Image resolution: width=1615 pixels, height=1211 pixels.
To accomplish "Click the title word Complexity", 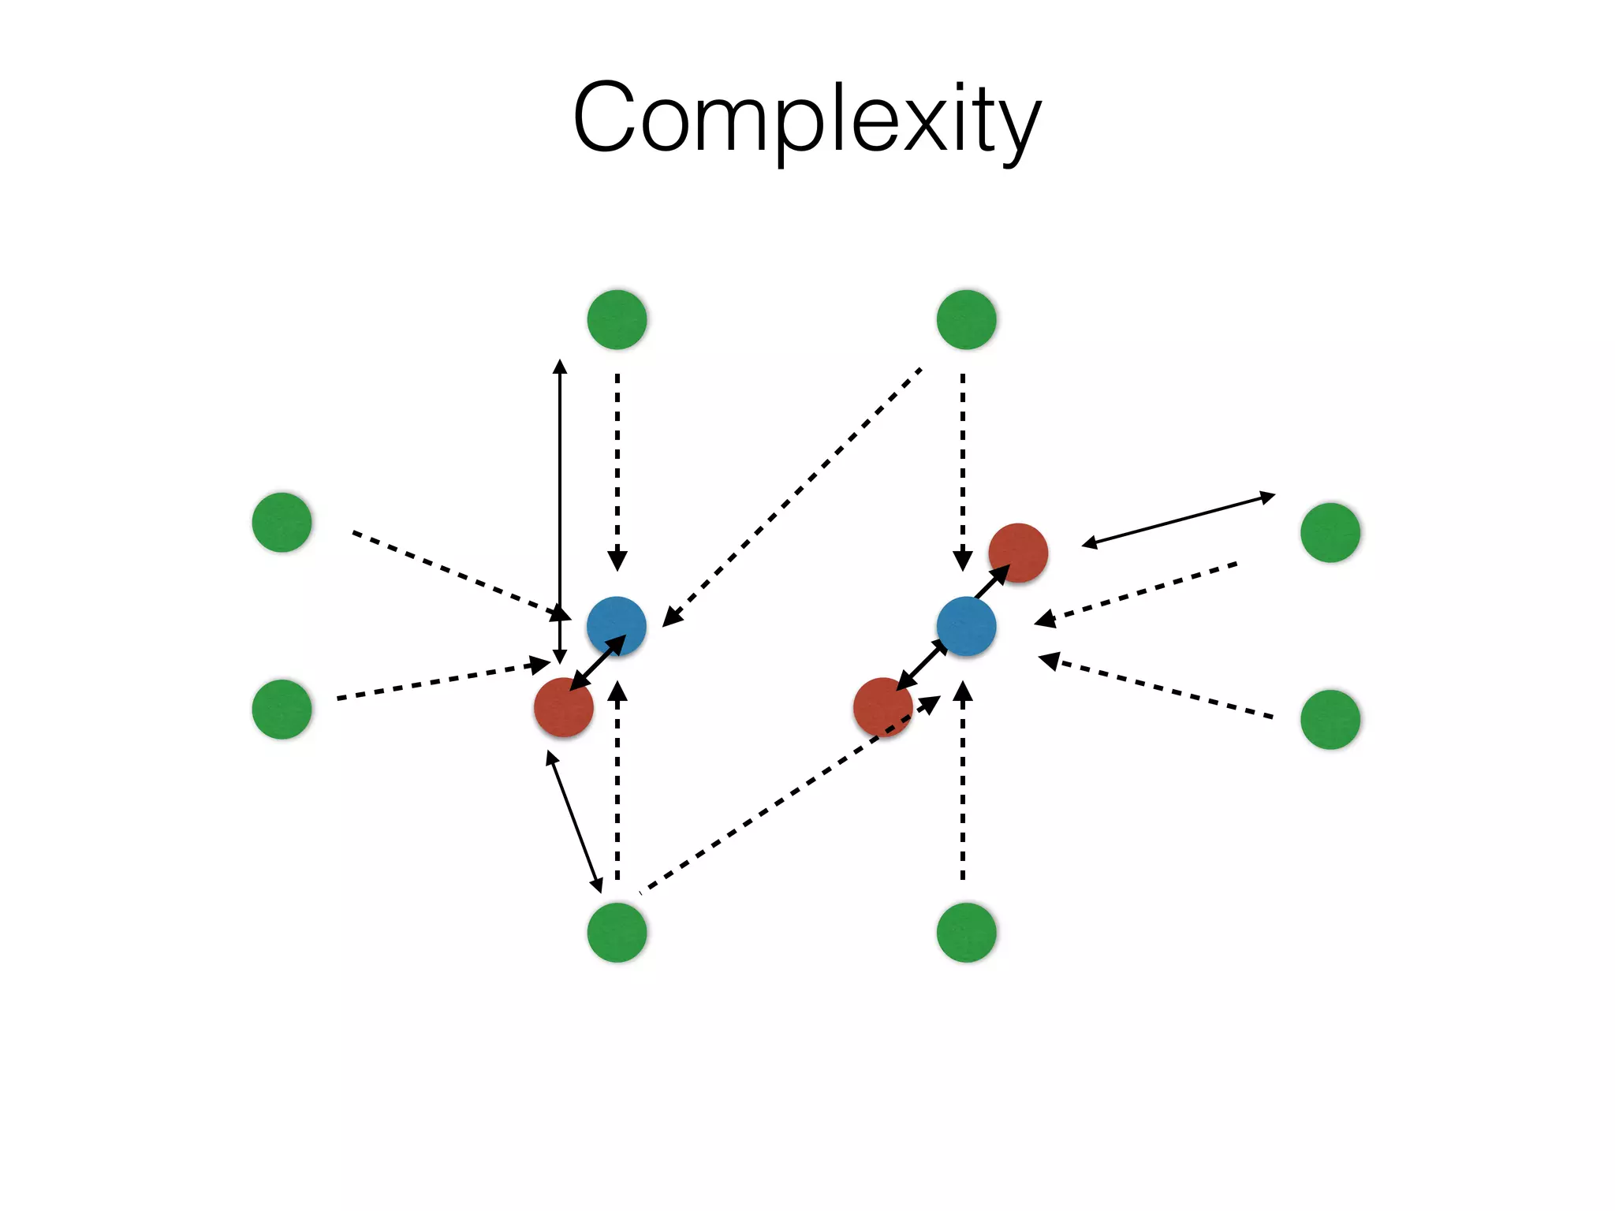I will click(x=807, y=118).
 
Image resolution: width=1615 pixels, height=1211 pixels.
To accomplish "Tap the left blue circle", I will click(x=617, y=626).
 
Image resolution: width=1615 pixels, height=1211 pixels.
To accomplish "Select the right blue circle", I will click(x=966, y=626).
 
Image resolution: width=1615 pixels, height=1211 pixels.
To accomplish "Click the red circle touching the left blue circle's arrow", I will click(x=563, y=707).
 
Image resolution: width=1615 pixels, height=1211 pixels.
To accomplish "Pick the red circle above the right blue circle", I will click(x=1018, y=553).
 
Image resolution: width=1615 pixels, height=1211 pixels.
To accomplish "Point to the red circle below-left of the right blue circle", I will click(x=882, y=707).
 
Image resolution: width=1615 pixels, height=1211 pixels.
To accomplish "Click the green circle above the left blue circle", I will click(x=617, y=319).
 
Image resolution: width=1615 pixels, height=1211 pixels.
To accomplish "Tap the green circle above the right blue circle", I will click(x=966, y=319).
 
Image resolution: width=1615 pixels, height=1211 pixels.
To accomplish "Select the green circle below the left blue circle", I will click(x=617, y=932).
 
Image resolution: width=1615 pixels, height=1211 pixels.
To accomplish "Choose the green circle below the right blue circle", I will click(x=966, y=932).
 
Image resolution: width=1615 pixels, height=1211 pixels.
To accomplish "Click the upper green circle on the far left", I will click(x=282, y=522).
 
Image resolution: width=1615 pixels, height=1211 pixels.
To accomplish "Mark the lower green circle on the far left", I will click(x=282, y=709).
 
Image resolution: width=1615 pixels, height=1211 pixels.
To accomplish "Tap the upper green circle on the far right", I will click(x=1330, y=532).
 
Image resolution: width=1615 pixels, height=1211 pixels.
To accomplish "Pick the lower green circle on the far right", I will click(x=1330, y=719).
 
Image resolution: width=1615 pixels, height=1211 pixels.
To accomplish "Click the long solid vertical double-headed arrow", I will click(x=560, y=489).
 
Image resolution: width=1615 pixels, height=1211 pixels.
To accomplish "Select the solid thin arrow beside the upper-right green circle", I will click(x=1178, y=520).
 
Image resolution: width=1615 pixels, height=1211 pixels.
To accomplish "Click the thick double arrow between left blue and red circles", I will click(x=597, y=663).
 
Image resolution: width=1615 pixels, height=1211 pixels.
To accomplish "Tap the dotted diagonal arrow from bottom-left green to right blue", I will click(x=789, y=796).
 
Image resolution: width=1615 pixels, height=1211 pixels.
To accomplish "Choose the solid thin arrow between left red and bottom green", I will click(x=574, y=822).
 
